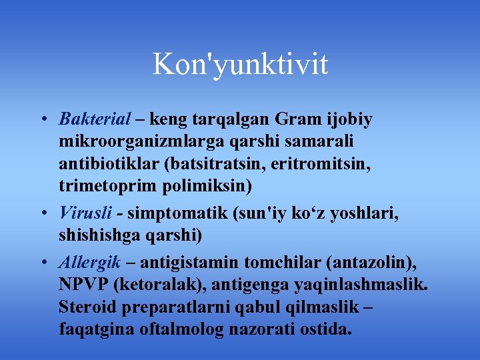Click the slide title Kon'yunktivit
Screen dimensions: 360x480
pos(240,65)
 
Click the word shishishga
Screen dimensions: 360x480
pos(99,236)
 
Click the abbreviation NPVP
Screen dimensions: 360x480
pos(83,285)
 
